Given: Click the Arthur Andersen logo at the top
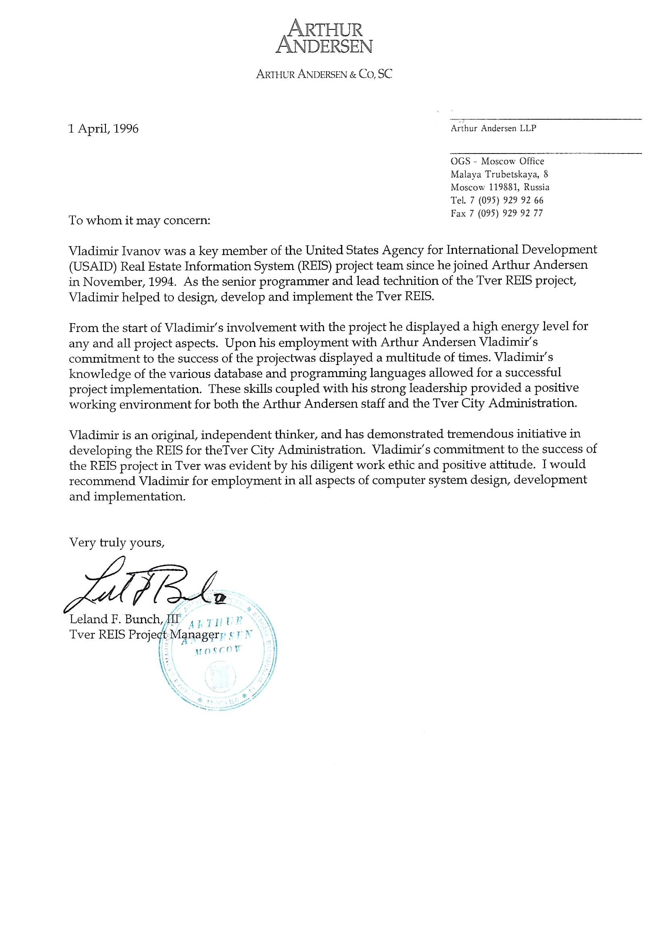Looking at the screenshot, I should coord(324,38).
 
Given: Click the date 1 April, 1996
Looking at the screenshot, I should coord(103,129).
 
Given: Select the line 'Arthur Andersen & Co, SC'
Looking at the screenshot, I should coord(324,74).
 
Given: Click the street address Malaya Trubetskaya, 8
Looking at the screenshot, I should coord(499,174).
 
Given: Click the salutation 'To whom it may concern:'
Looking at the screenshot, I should coord(139,220).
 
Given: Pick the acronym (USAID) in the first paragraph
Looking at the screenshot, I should coord(93,266).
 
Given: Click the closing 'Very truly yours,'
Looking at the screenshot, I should coord(117,543).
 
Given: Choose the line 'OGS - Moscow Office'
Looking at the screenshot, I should coord(497,161).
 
